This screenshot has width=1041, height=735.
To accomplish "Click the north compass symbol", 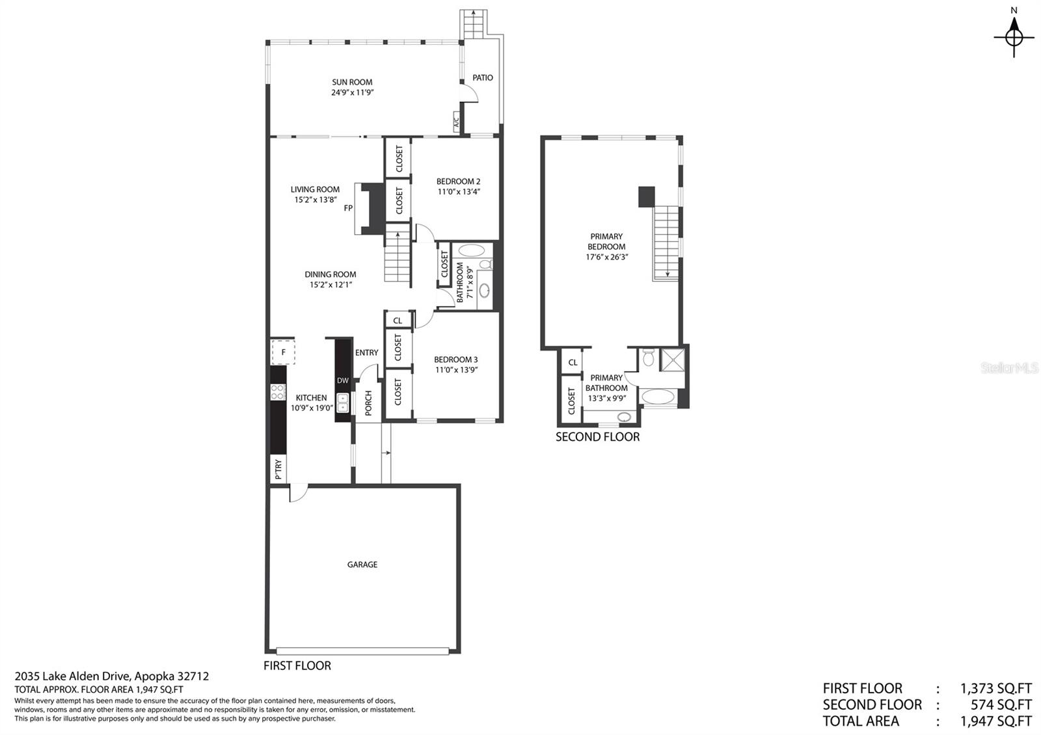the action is (1014, 36).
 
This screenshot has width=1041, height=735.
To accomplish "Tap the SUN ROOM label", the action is (352, 82).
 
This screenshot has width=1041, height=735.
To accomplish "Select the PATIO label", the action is (482, 77).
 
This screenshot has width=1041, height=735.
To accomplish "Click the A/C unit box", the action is (456, 122).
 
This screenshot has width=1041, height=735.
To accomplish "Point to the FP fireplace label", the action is (348, 208).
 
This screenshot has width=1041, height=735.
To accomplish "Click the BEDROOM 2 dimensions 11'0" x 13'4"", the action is (459, 191).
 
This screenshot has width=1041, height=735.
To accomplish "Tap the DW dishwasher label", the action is (342, 381).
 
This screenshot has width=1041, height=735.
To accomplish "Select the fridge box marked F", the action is (283, 352).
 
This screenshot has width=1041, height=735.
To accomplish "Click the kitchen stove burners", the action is (278, 392).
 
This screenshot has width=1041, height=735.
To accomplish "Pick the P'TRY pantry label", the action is (278, 469).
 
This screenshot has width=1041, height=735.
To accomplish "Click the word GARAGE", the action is (362, 565).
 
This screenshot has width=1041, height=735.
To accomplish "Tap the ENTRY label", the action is (367, 353).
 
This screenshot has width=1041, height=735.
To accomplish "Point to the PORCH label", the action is (368, 403).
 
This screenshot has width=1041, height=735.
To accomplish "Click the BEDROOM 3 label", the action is (455, 359).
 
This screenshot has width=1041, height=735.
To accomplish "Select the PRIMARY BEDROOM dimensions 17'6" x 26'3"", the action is (606, 257).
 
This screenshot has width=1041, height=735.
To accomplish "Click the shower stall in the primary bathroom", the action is (673, 360).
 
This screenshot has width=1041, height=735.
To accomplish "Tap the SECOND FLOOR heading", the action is (598, 436).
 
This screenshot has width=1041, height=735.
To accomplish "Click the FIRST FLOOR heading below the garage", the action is (297, 666).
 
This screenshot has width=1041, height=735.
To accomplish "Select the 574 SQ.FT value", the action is (1001, 705).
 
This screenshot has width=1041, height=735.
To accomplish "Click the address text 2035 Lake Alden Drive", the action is (72, 676).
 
